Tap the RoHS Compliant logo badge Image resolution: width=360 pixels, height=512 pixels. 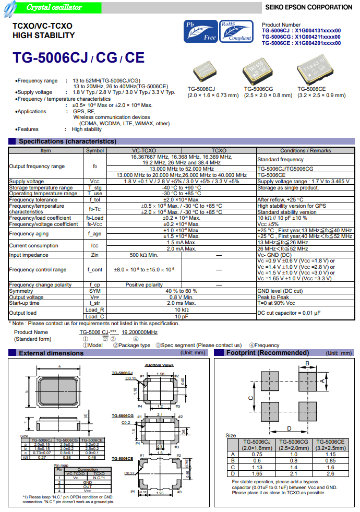point(237,31)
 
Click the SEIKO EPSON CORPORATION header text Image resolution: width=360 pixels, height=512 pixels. point(308,7)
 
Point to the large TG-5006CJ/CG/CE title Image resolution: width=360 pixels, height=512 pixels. point(78,58)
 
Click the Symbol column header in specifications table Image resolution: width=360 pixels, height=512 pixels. point(94,150)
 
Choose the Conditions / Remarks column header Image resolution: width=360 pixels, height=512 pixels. point(305,150)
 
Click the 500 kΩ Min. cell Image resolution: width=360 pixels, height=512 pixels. point(144,255)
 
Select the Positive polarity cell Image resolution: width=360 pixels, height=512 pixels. point(144,285)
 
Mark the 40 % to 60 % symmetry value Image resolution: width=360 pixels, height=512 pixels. point(181,291)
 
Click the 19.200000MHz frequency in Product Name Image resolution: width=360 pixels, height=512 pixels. point(139,332)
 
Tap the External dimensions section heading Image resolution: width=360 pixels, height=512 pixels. point(51,353)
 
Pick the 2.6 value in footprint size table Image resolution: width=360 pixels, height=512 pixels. point(331,473)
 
